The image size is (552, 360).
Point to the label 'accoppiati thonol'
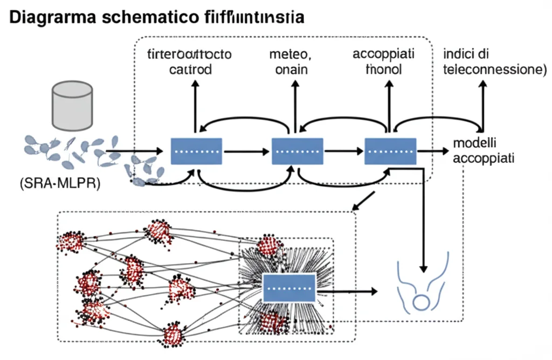(x=383, y=62)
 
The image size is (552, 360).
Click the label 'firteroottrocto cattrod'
(x=189, y=62)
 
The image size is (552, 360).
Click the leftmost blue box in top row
(x=196, y=151)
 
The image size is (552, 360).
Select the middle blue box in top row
(x=297, y=151)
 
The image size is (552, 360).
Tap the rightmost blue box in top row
(x=391, y=151)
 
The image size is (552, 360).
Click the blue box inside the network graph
(x=289, y=287)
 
